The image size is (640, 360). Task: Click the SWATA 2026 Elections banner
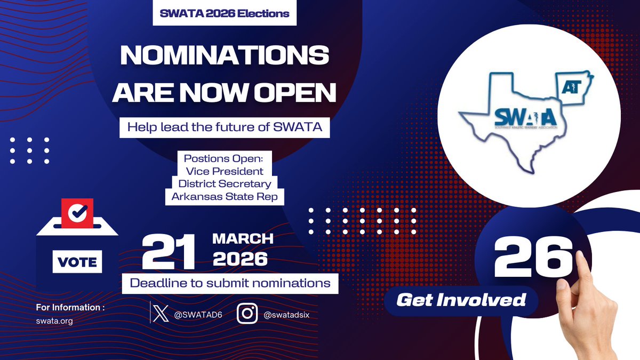tap(225, 14)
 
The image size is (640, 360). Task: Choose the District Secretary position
tap(225, 184)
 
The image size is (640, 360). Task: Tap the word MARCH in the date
tap(243, 238)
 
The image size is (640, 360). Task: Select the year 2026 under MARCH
tap(239, 259)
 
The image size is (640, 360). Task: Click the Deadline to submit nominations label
tap(230, 283)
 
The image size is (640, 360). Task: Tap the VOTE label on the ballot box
tap(77, 262)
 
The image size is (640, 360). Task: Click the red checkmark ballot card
tap(77, 213)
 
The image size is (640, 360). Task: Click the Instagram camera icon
tap(247, 314)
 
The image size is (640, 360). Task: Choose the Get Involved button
tap(461, 300)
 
